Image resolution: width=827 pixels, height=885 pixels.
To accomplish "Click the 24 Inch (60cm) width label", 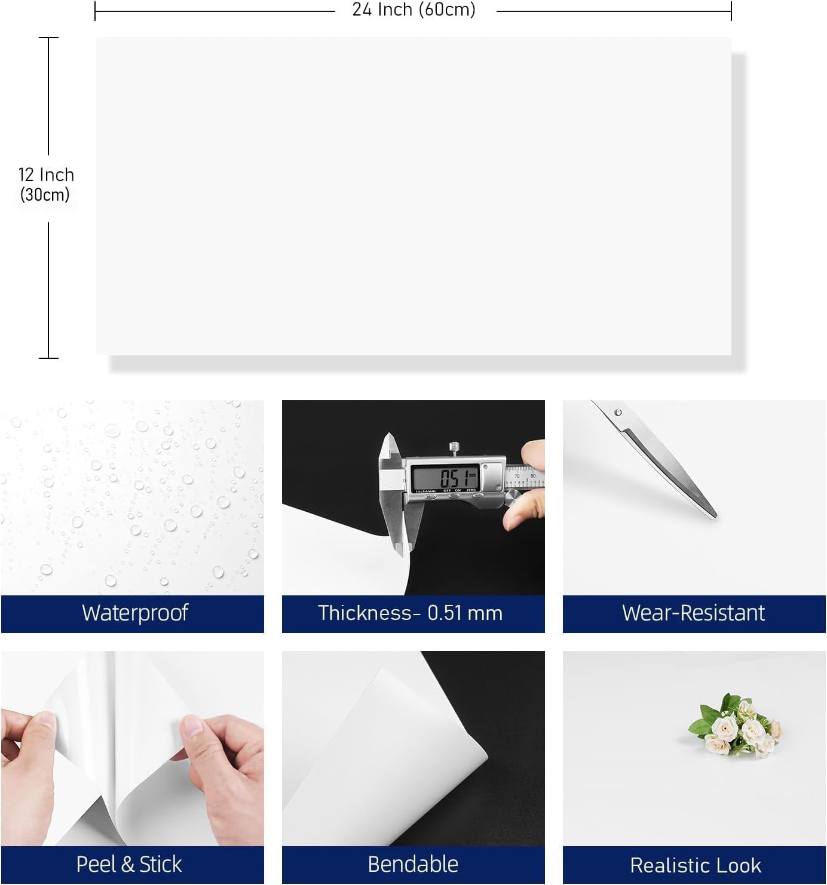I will pos(413,10).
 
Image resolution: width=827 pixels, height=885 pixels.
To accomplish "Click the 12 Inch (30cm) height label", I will pos(46,184).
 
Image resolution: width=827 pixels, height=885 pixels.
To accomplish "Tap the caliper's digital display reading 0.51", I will pos(445,478).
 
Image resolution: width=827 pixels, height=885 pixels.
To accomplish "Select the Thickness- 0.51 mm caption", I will pos(411,613).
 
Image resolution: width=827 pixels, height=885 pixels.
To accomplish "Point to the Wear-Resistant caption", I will pos(693,613).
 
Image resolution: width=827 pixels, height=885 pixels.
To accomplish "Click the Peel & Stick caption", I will pos(129,865).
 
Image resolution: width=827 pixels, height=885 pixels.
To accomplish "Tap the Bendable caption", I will pos(413,865).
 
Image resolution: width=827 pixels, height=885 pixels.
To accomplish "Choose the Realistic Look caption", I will pos(695,865).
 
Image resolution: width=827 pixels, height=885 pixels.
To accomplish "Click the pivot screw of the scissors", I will pos(618,413).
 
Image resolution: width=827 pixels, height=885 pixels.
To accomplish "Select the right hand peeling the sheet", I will pos(221,758).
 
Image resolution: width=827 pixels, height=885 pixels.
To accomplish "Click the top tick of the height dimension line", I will pos(48,38).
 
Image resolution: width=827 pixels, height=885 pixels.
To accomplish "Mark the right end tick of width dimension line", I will pos(731,10).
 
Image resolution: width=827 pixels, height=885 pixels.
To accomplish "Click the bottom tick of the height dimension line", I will pos(48,358).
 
